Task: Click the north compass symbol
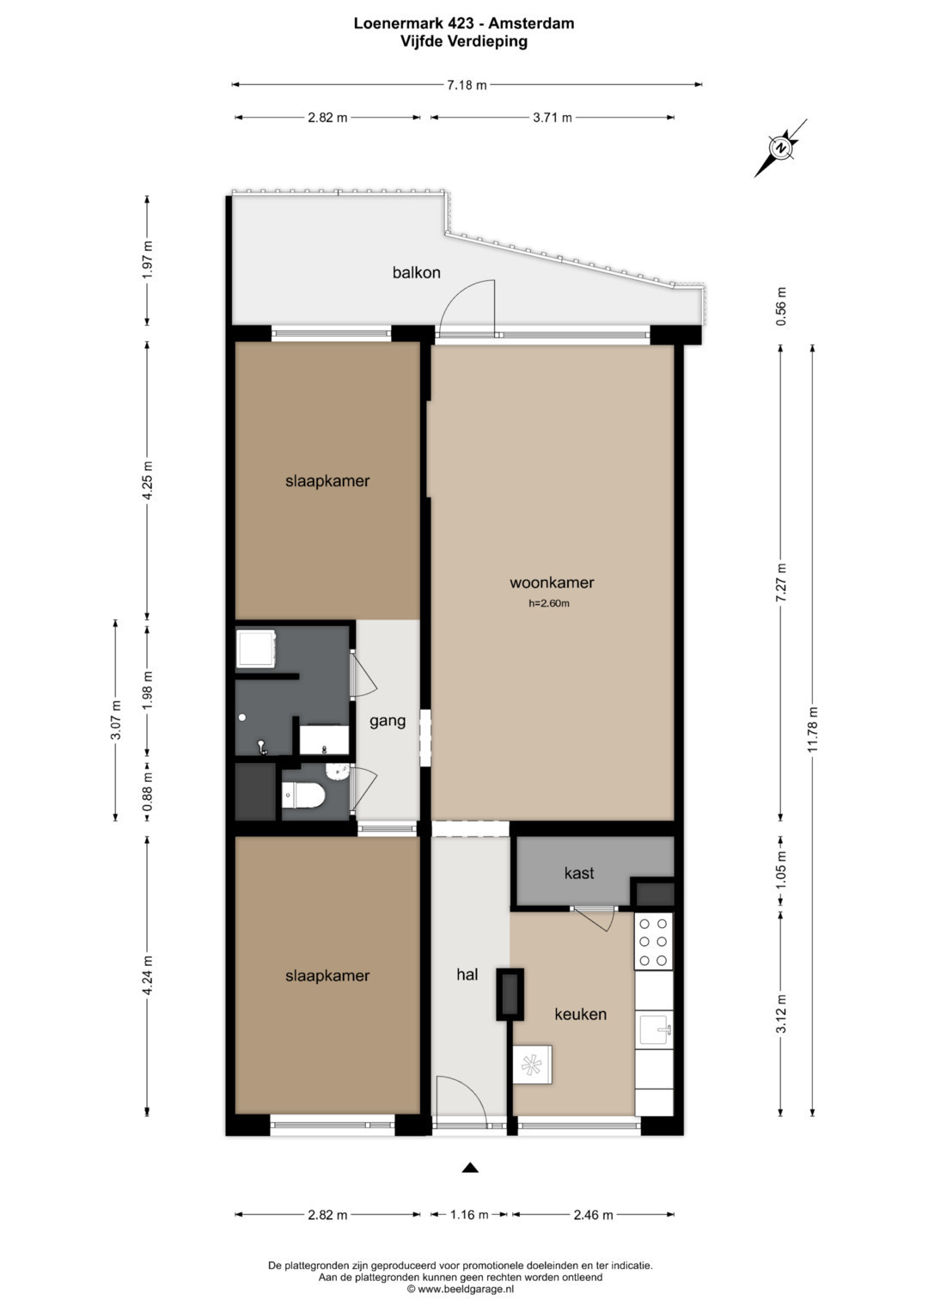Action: (x=780, y=148)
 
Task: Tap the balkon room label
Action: (x=416, y=272)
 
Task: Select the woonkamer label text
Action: (x=552, y=583)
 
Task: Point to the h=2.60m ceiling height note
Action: (x=549, y=603)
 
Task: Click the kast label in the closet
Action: (x=579, y=873)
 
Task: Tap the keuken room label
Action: (x=581, y=1014)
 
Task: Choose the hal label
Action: (x=467, y=974)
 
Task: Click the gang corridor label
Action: (x=388, y=721)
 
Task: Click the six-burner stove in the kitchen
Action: (x=653, y=942)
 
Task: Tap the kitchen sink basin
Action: (x=655, y=1029)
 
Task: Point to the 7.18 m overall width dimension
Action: (x=467, y=85)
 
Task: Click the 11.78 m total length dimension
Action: (x=813, y=731)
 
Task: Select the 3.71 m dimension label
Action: (x=552, y=118)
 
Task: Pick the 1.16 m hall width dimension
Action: (x=468, y=1215)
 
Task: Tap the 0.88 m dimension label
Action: (x=148, y=791)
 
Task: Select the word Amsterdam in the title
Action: (x=531, y=23)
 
